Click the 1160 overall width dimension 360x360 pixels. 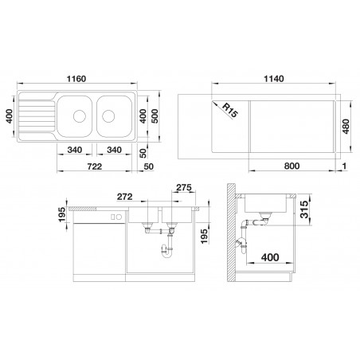(x=76, y=79)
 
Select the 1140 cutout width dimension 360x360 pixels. (x=274, y=79)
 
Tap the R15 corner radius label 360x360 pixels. (x=229, y=111)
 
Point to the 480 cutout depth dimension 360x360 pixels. (x=346, y=127)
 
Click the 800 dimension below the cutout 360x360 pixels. (x=292, y=166)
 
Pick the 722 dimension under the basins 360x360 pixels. (x=95, y=166)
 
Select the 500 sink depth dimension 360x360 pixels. (x=155, y=116)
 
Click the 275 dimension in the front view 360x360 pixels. (x=184, y=187)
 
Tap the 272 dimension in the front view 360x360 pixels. (x=124, y=197)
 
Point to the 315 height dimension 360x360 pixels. (x=304, y=209)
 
